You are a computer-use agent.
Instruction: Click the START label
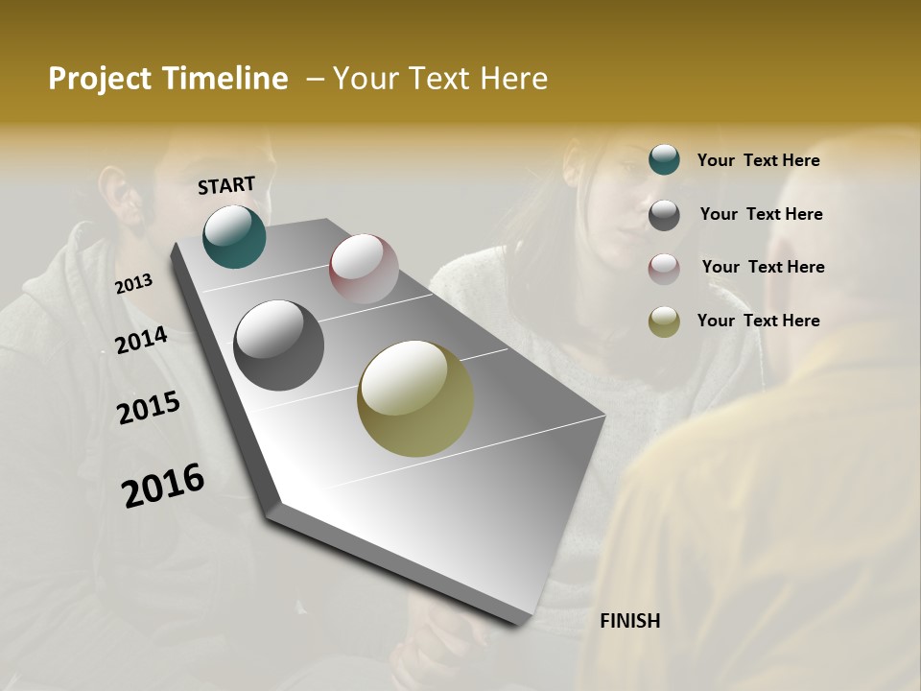click(226, 185)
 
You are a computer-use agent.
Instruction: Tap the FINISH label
click(629, 621)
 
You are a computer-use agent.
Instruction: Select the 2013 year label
click(133, 284)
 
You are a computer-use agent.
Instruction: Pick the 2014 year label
click(141, 341)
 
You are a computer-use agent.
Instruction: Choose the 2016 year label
click(163, 486)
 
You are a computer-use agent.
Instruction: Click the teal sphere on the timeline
click(234, 236)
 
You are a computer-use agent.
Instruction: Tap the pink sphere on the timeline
click(364, 269)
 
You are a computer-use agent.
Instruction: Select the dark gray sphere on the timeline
click(278, 345)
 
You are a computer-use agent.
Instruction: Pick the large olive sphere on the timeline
click(415, 398)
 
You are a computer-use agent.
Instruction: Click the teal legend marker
click(664, 160)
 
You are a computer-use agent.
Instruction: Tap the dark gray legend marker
click(664, 215)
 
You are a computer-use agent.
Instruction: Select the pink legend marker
click(664, 269)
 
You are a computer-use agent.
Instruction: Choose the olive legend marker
click(664, 322)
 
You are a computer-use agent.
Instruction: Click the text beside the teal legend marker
click(758, 160)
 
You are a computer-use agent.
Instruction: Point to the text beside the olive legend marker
click(758, 321)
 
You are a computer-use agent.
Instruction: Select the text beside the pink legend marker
click(763, 267)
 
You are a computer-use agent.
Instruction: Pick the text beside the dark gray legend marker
click(761, 214)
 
